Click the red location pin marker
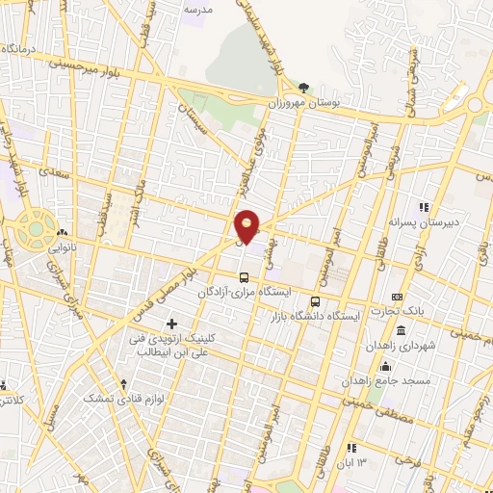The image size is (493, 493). [247, 225]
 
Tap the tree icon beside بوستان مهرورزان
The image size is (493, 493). [305, 87]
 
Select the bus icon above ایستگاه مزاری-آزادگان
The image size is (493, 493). [244, 276]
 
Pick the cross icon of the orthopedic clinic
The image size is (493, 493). [173, 323]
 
